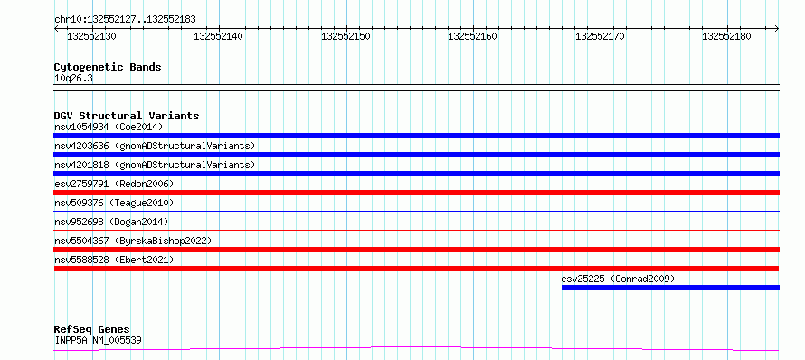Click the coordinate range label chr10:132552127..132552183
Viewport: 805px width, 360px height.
click(x=125, y=19)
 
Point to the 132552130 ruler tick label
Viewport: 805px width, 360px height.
click(x=92, y=36)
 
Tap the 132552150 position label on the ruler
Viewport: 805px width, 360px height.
click(x=346, y=36)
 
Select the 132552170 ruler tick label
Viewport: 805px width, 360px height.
click(x=601, y=36)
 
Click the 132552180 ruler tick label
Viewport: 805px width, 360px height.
click(x=726, y=36)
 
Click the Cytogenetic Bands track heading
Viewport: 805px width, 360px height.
click(x=108, y=67)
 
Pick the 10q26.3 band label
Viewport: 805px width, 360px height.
click(x=73, y=79)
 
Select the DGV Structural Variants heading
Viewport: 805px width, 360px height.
click(x=127, y=116)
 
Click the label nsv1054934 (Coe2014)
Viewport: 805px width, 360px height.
click(x=109, y=127)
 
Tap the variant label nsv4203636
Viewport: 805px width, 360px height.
click(x=81, y=146)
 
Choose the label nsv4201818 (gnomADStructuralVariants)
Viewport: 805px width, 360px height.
click(x=155, y=165)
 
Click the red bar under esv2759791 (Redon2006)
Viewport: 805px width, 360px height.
click(x=416, y=193)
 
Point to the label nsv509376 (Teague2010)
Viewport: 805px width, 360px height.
click(x=114, y=203)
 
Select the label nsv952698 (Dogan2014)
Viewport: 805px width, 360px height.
click(x=111, y=222)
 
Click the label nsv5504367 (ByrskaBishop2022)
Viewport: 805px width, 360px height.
click(x=133, y=241)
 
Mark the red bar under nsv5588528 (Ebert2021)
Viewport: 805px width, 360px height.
click(x=416, y=269)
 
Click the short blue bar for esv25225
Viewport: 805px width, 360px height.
click(x=670, y=288)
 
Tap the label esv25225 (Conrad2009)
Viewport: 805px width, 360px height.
click(x=618, y=279)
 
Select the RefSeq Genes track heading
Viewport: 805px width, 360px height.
click(x=92, y=330)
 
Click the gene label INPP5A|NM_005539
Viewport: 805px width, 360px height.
click(x=98, y=340)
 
